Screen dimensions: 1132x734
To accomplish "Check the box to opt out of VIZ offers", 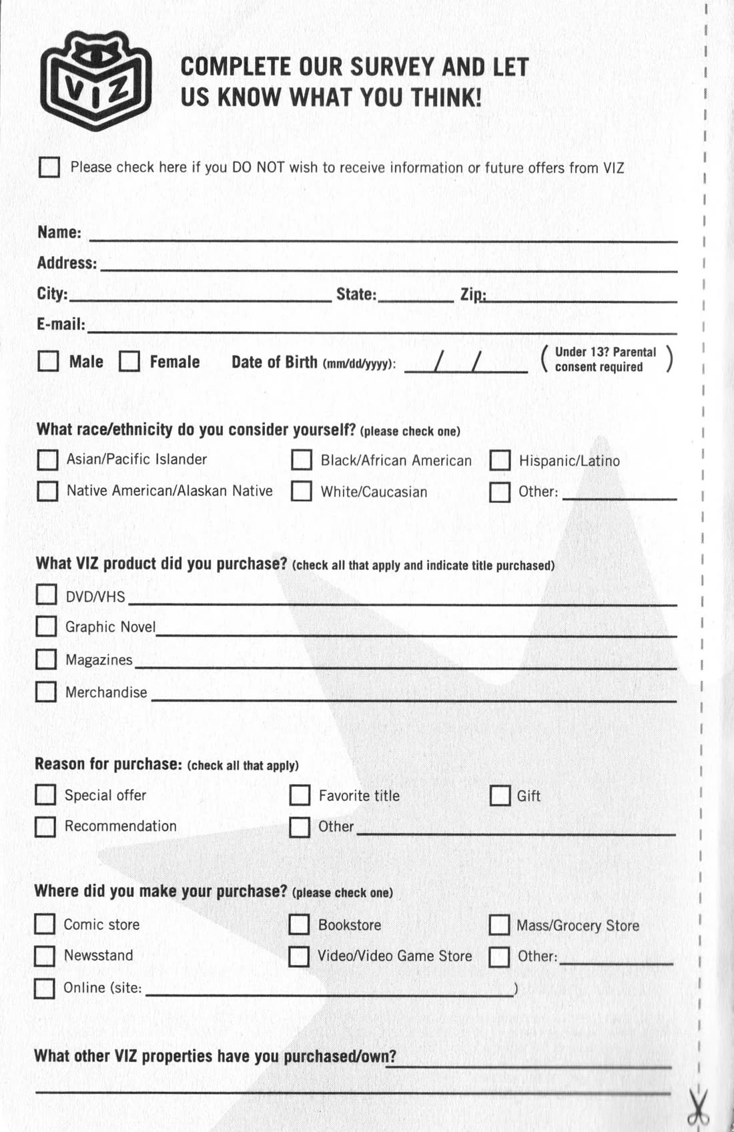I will pyautogui.click(x=49, y=167).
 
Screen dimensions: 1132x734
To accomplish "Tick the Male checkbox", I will pyautogui.click(x=48, y=361).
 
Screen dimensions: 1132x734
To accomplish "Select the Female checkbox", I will pyautogui.click(x=129, y=362).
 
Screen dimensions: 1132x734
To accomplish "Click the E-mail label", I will pyautogui.click(x=61, y=324).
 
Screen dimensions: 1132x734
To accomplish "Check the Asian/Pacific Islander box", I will pyautogui.click(x=47, y=460).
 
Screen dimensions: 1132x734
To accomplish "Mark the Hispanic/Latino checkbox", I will pyautogui.click(x=500, y=461).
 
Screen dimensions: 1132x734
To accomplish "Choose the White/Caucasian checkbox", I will pyautogui.click(x=301, y=492).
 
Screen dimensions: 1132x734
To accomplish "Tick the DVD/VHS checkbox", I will pyautogui.click(x=46, y=595).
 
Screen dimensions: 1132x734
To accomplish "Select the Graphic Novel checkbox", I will pyautogui.click(x=46, y=627).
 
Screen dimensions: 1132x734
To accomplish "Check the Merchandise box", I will pyautogui.click(x=45, y=691).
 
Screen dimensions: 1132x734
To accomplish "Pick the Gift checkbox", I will pyautogui.click(x=500, y=796).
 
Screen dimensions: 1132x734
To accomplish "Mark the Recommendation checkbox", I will pyautogui.click(x=45, y=827).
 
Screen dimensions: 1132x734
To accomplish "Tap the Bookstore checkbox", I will pyautogui.click(x=298, y=924).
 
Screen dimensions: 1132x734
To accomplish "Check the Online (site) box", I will pyautogui.click(x=44, y=988).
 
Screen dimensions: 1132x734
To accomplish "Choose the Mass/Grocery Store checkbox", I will pyautogui.click(x=499, y=925).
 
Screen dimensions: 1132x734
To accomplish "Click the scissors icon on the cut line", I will pyautogui.click(x=698, y=1108).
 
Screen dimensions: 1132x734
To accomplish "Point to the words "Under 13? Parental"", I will pyautogui.click(x=605, y=352).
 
